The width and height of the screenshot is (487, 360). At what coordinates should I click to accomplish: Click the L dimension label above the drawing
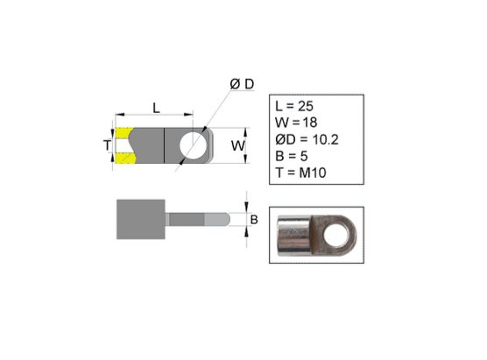tap(156, 108)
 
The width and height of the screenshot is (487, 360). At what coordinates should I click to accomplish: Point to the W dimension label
tap(238, 145)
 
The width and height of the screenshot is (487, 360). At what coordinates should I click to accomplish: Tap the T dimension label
tap(107, 145)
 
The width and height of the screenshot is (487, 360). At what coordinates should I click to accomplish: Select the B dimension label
tap(254, 220)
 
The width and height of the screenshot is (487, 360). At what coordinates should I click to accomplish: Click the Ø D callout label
tap(242, 84)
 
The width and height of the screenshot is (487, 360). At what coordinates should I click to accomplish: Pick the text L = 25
tap(294, 106)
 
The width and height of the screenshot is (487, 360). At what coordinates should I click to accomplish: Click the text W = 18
tap(296, 123)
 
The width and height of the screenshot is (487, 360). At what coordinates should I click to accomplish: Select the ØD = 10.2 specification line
tap(307, 139)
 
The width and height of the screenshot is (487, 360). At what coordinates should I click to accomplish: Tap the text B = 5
tap(292, 156)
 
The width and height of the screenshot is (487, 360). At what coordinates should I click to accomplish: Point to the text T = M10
tap(300, 173)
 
